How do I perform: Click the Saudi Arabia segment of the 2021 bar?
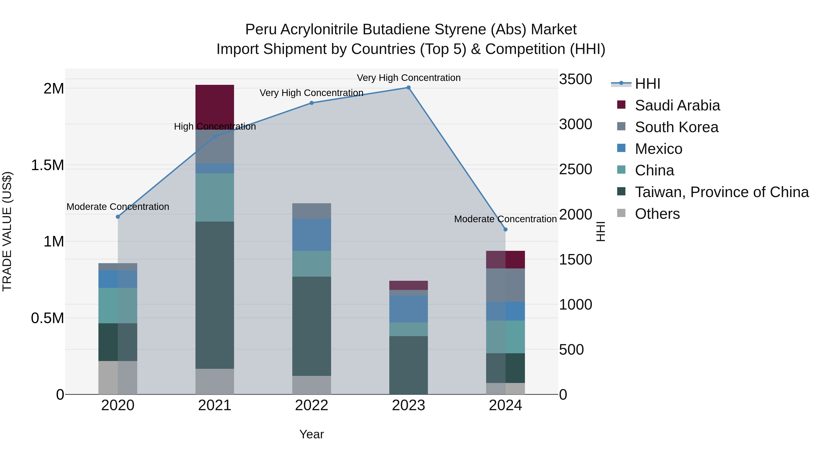coord(214,105)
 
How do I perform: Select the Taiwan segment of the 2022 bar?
coord(311,326)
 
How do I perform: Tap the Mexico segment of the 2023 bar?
coord(408,309)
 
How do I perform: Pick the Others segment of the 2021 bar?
coord(214,382)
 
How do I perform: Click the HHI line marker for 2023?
coord(408,88)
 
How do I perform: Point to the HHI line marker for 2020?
coord(118,217)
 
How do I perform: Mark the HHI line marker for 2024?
coord(506,229)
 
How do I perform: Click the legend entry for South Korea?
coord(677,127)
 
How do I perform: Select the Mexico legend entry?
coord(658,149)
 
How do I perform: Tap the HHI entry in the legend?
coord(647,84)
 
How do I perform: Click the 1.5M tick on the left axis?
coord(47,165)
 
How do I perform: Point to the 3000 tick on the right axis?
coord(575,124)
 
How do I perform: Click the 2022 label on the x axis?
coord(311,405)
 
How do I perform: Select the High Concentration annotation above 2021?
coord(215,126)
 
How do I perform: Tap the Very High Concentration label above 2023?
coord(408,78)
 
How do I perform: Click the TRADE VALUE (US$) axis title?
coord(7,231)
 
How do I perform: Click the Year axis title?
coord(311,434)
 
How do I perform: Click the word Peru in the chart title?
coord(261,29)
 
